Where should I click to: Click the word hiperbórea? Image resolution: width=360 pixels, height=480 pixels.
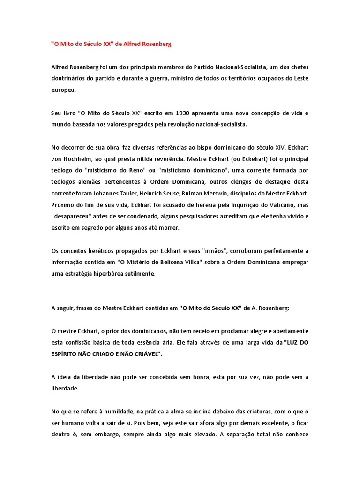pyautogui.click(x=119, y=274)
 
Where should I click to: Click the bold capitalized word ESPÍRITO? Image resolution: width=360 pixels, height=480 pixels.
pyautogui.click(x=67, y=354)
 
